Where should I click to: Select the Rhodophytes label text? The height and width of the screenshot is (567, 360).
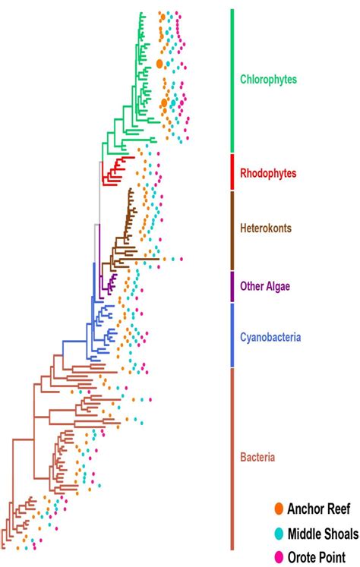[x=268, y=173]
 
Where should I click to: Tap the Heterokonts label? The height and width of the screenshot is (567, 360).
[x=266, y=228]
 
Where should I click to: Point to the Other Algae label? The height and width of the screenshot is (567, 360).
[x=266, y=286]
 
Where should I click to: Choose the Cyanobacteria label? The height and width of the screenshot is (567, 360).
[x=269, y=335]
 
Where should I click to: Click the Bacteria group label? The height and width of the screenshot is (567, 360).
[x=257, y=458]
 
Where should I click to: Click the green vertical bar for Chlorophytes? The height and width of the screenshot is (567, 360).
[x=232, y=80]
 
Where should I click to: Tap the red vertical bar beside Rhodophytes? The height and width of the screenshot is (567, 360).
[x=232, y=172]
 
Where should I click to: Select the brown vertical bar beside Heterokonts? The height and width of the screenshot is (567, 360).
[x=232, y=229]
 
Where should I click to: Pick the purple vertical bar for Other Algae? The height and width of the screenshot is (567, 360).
[x=232, y=286]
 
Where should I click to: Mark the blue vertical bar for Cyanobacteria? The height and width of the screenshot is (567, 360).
[x=232, y=335]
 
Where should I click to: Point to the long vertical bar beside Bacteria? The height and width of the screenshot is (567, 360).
[x=232, y=458]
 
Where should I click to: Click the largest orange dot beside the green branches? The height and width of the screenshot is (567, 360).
[x=159, y=64]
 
